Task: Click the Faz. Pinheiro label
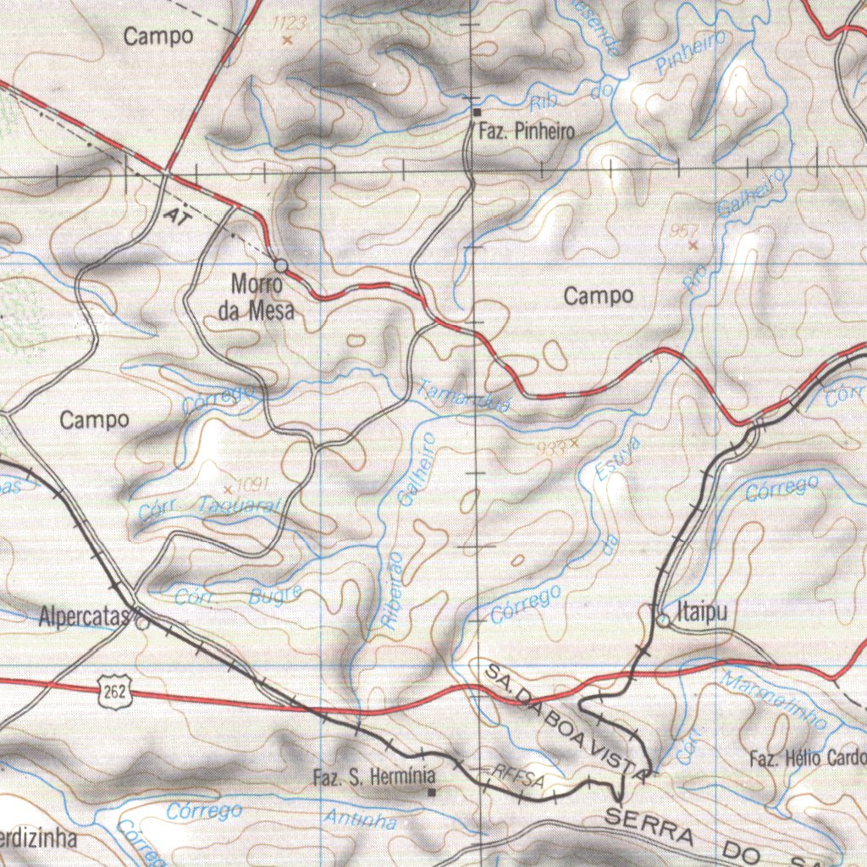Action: (x=526, y=131)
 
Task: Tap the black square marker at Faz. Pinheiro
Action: (x=477, y=112)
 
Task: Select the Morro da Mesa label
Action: (x=257, y=297)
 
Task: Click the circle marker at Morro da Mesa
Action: (x=281, y=266)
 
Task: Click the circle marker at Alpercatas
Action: (x=141, y=622)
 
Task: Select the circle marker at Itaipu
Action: (x=664, y=621)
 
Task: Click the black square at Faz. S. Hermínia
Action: (x=432, y=792)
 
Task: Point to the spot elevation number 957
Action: (x=684, y=230)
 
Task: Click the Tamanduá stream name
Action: (x=464, y=396)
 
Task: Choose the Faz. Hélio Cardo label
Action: (x=808, y=758)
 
